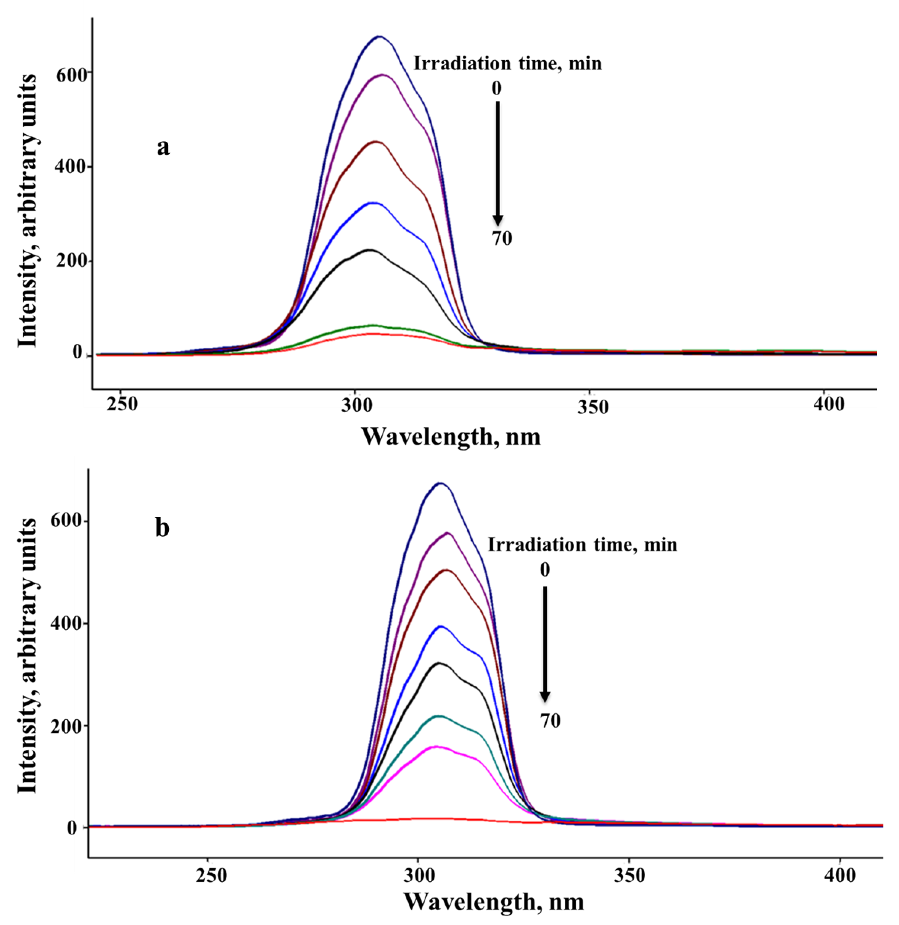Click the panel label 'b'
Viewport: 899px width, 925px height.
click(x=162, y=528)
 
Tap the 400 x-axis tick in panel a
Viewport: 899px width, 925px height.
click(x=829, y=405)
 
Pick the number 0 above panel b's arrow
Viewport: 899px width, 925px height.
click(x=545, y=570)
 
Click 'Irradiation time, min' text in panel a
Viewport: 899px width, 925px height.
click(x=507, y=63)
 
